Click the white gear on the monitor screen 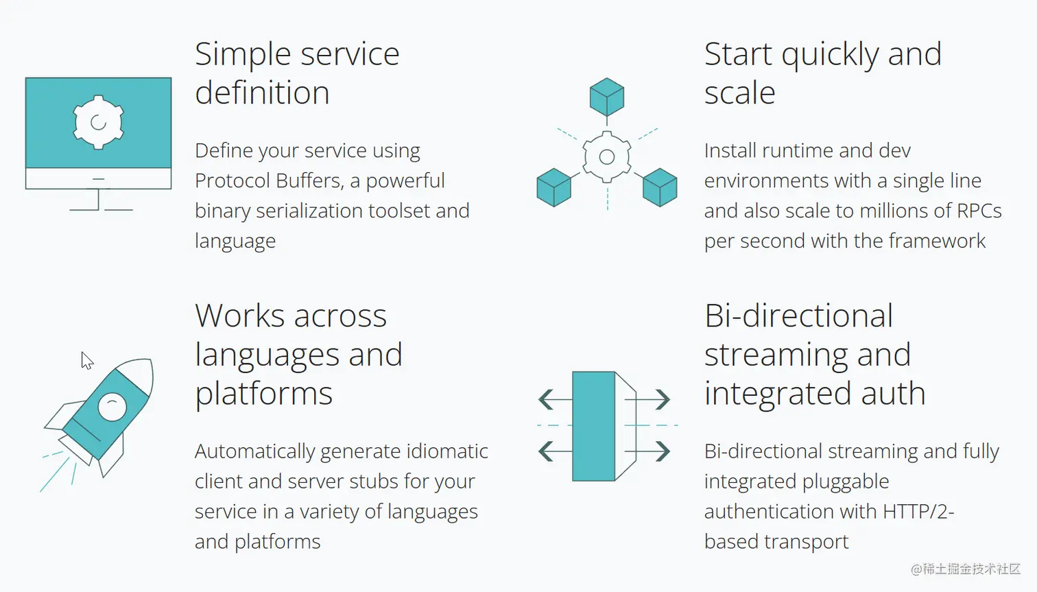pos(99,122)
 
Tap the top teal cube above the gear pos(607,97)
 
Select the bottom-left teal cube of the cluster pos(553,187)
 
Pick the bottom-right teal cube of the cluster pos(660,187)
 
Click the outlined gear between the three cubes pos(607,157)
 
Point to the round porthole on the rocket pos(112,407)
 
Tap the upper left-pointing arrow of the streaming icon pos(555,399)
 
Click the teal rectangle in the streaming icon pos(593,426)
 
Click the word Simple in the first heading pos(243,54)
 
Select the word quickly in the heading pos(830,55)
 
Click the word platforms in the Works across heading pos(263,394)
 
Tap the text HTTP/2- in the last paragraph pos(918,512)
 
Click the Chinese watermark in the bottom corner pos(965,569)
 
